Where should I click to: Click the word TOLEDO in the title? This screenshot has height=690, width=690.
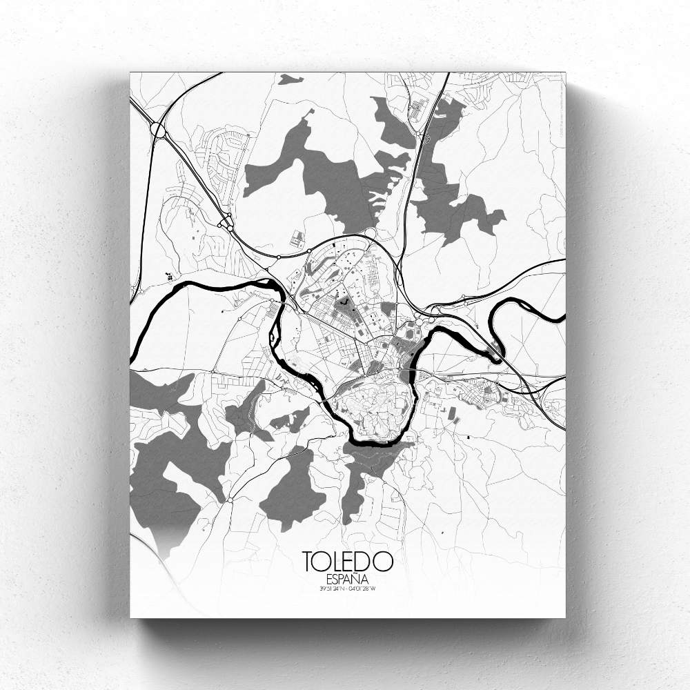tap(348, 560)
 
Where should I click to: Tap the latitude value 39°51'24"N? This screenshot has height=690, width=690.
tap(331, 588)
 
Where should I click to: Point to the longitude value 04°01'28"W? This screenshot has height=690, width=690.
tap(366, 588)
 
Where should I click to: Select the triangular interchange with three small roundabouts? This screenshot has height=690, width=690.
tap(224, 221)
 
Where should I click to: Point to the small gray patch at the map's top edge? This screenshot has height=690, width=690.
tap(289, 78)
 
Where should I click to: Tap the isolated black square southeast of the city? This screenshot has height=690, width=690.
tap(469, 437)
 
